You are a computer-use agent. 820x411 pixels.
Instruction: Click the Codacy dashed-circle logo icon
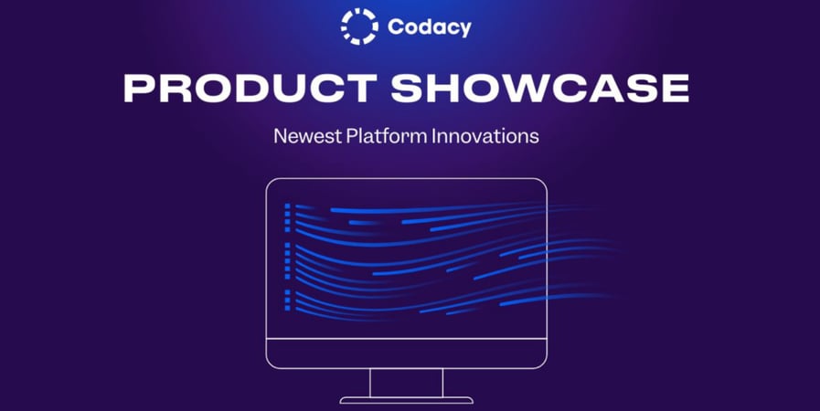(x=358, y=26)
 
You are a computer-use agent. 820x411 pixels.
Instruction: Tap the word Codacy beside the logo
(x=429, y=27)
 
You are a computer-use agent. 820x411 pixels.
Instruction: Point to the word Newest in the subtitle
(x=306, y=137)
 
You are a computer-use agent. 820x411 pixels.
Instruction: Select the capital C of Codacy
(x=396, y=27)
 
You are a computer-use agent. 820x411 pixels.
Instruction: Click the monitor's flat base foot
(x=407, y=400)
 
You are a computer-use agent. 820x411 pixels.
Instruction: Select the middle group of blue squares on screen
(x=287, y=259)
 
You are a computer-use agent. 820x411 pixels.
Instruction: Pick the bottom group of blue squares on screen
(x=287, y=300)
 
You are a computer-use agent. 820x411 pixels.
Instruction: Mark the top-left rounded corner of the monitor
(x=271, y=183)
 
